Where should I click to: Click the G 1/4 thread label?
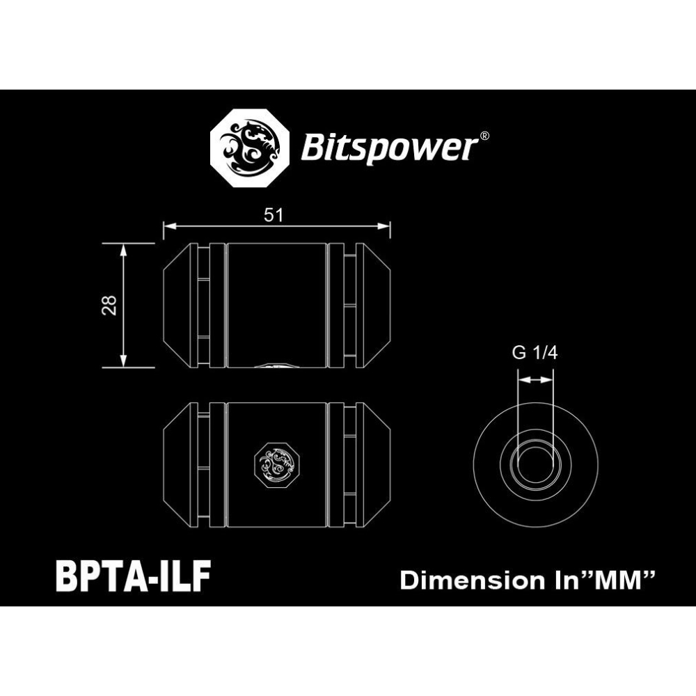tap(535, 353)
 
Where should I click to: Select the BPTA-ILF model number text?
tap(132, 577)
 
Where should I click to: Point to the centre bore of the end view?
tap(535, 461)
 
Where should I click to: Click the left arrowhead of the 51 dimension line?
tap(168, 226)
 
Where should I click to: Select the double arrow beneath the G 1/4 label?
tap(535, 380)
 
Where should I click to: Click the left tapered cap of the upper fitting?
tap(177, 305)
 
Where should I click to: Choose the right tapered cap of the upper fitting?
tap(376, 305)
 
